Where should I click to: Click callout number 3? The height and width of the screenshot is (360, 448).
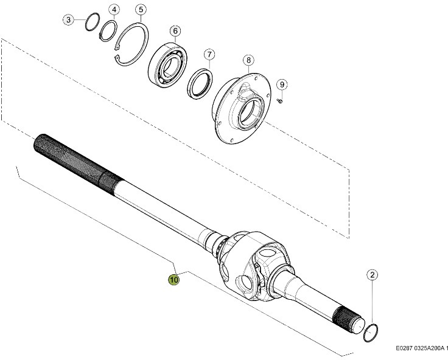click(69, 20)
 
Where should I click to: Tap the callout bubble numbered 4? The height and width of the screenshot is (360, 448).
click(114, 10)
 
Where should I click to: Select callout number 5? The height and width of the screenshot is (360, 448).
click(141, 10)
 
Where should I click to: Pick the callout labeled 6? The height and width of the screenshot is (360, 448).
click(175, 31)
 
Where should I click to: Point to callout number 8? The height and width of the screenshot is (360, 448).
click(248, 60)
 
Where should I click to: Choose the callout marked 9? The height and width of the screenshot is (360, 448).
click(282, 84)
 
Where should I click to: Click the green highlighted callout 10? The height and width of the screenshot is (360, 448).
click(174, 280)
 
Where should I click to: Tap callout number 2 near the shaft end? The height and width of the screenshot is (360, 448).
click(372, 275)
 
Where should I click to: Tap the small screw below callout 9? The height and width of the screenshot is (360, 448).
click(279, 100)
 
